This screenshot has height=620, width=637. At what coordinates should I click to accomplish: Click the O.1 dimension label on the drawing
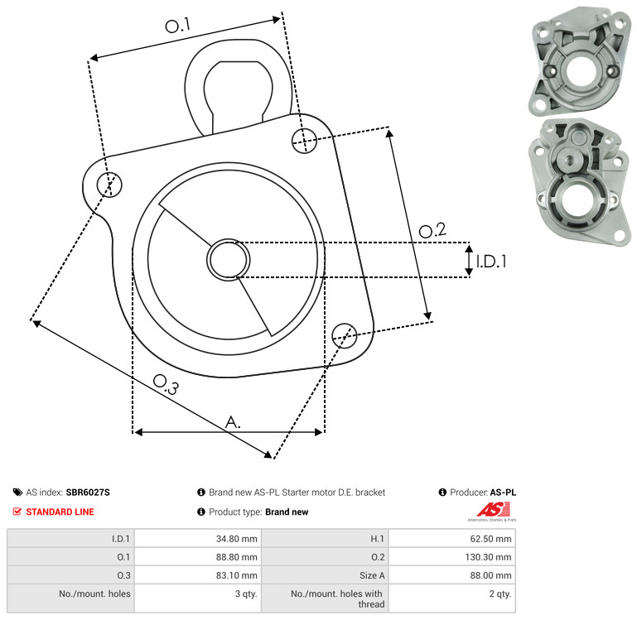pos(177,26)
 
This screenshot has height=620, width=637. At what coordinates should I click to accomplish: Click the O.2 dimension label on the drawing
pos(432,231)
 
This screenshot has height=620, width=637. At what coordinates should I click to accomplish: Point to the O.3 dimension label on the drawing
pos(166,385)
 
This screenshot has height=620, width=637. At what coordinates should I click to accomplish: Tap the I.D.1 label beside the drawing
pos(491,262)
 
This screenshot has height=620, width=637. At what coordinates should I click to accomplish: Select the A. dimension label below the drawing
pos(233,422)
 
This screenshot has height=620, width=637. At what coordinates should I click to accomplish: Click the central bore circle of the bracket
pos(229,260)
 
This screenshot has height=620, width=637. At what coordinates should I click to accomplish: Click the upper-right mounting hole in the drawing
pos(304,141)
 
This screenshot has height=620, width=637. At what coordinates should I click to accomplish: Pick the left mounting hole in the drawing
pos(109,185)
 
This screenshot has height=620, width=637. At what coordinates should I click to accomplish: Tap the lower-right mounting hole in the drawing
pos(345,336)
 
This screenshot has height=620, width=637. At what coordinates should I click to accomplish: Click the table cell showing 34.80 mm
pos(236,539)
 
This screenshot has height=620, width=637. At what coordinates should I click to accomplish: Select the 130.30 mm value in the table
pos(488,557)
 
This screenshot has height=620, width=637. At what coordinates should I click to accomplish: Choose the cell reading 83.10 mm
pos(236,575)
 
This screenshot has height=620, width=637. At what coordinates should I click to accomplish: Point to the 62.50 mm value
pos(490,539)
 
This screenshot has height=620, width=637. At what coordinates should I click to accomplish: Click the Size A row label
pos(372,575)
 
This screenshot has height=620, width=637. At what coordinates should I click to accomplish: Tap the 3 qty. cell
pos(246,594)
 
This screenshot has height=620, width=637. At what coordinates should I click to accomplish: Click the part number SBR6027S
pos(88,493)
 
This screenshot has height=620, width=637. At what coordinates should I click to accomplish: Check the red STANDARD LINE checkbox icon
pos(17,512)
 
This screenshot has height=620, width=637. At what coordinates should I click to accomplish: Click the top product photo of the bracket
pos(581,61)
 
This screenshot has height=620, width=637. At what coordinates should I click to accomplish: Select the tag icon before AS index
pos(17,493)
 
